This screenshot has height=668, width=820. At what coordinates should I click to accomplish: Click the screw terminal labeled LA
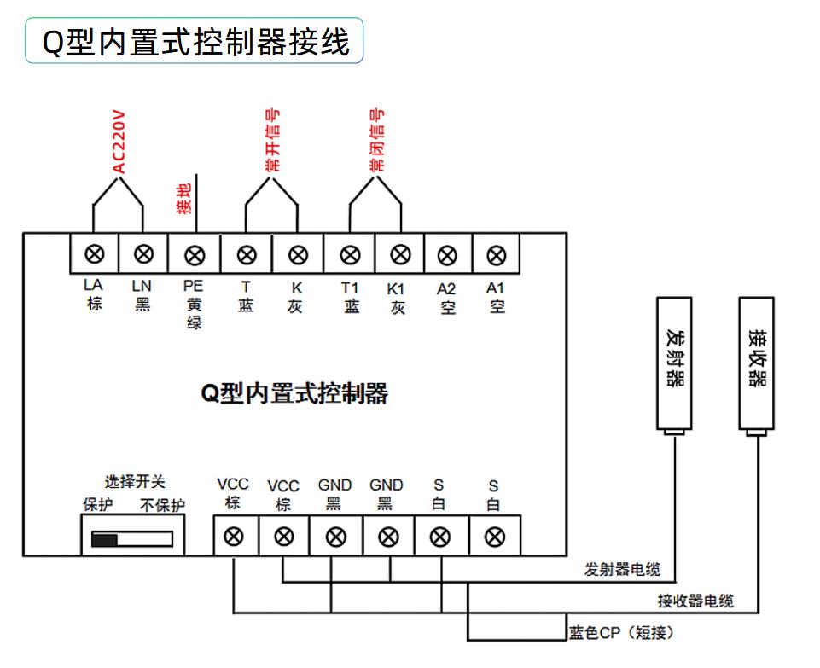(x=94, y=254)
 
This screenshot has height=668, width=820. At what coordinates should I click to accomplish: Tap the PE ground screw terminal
(x=195, y=256)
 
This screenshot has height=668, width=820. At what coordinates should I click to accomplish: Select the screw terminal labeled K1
(x=400, y=254)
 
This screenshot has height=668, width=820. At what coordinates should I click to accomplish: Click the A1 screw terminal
(x=497, y=256)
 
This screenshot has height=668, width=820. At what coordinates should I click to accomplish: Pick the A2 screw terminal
(x=447, y=256)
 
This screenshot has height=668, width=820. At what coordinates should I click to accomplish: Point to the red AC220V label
(x=119, y=141)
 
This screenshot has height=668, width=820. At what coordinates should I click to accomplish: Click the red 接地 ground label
(x=184, y=199)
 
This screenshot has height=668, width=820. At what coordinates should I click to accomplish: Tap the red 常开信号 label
(x=272, y=140)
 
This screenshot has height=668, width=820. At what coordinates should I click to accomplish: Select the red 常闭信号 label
(x=376, y=140)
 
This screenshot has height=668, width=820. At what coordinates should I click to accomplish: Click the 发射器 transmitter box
(x=674, y=363)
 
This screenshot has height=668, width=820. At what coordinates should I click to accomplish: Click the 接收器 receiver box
(x=756, y=363)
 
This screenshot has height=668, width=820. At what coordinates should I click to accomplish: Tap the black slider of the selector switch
(x=105, y=539)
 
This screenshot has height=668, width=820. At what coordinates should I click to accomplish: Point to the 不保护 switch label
(x=162, y=505)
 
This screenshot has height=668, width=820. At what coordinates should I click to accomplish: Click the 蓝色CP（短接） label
(x=621, y=633)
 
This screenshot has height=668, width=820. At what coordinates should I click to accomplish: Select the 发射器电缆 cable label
(x=622, y=569)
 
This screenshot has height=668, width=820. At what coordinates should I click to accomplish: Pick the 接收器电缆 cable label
(x=695, y=601)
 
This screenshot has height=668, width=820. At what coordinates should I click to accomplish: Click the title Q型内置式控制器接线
(x=195, y=42)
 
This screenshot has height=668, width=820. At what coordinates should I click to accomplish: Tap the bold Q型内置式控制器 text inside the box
(x=294, y=393)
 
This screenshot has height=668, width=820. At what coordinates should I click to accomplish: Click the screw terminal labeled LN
(x=143, y=254)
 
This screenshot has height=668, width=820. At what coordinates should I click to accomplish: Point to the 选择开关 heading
(x=135, y=481)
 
